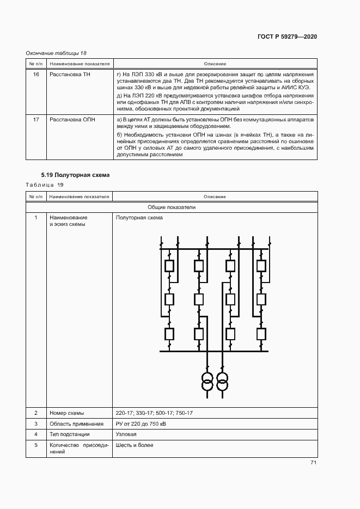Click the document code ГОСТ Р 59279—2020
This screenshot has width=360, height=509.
tap(287, 36)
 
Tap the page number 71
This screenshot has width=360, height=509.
tap(313, 463)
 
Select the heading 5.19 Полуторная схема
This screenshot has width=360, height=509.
tap(75, 175)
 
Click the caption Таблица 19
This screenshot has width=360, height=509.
tap(45, 185)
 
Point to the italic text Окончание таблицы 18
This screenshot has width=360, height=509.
tap(56, 53)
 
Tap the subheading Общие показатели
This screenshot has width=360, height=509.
tap(172, 207)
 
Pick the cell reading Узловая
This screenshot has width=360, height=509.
tap(126, 434)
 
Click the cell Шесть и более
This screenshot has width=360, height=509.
tap(135, 445)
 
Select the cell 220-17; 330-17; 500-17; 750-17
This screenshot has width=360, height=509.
tap(154, 413)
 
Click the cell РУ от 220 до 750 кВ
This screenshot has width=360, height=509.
tap(141, 424)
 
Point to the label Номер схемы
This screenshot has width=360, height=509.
tap(66, 413)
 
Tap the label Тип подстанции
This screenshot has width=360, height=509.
tap(69, 434)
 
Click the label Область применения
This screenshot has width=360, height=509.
tap(76, 424)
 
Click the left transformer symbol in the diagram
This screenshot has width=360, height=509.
tap(207, 381)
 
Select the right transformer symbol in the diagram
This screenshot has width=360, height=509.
tap(222, 381)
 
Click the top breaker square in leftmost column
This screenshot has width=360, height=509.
tap(169, 266)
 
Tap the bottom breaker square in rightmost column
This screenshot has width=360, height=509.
tap(261, 333)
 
